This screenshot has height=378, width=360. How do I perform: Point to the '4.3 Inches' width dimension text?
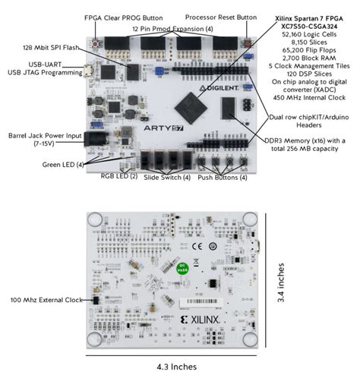coord(176,368)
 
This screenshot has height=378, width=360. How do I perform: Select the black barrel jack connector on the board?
coord(96,140)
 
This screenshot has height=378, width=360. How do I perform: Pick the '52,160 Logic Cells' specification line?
coord(308,34)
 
